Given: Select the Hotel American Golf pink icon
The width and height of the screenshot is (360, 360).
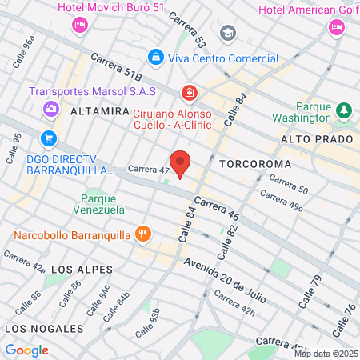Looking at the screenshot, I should click(x=336, y=27).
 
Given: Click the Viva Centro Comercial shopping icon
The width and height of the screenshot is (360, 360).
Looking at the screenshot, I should click(x=156, y=58).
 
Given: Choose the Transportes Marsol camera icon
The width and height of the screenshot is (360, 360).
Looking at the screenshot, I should click(x=50, y=108).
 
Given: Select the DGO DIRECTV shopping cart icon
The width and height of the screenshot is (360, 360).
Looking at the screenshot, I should click(x=50, y=138).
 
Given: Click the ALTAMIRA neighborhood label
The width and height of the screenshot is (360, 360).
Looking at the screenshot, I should click(x=100, y=112).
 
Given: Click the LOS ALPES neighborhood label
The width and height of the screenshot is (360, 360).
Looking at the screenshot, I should click(x=81, y=270).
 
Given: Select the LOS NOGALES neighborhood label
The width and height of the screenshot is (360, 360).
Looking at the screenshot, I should click(x=43, y=329).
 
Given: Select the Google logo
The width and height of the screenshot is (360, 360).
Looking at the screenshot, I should click(x=27, y=350).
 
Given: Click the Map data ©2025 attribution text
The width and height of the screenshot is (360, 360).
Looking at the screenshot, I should click(x=325, y=354).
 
